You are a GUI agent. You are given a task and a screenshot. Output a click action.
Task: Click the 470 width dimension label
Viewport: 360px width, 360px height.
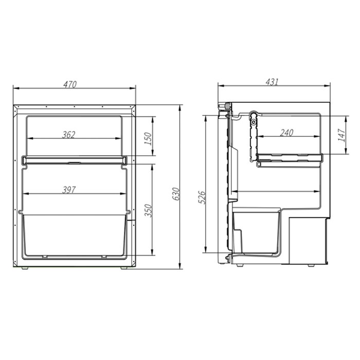[70, 84]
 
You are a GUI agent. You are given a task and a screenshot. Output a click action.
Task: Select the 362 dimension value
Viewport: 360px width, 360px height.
[68, 135]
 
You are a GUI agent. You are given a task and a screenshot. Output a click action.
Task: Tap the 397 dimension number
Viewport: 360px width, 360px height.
[69, 190]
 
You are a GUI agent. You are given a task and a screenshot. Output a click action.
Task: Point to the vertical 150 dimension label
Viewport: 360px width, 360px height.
[148, 138]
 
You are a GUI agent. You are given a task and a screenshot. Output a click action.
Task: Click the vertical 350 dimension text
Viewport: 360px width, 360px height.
[148, 210]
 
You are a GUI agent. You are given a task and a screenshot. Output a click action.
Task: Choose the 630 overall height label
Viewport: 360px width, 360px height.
[176, 194]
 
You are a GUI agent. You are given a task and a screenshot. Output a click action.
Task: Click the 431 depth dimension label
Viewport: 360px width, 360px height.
[272, 82]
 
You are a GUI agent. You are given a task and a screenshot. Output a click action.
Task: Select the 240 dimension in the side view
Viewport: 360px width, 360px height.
[287, 133]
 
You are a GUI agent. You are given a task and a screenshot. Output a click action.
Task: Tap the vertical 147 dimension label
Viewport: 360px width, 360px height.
[341, 135]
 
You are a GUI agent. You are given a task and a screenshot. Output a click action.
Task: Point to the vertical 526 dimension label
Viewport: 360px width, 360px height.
[202, 197]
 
